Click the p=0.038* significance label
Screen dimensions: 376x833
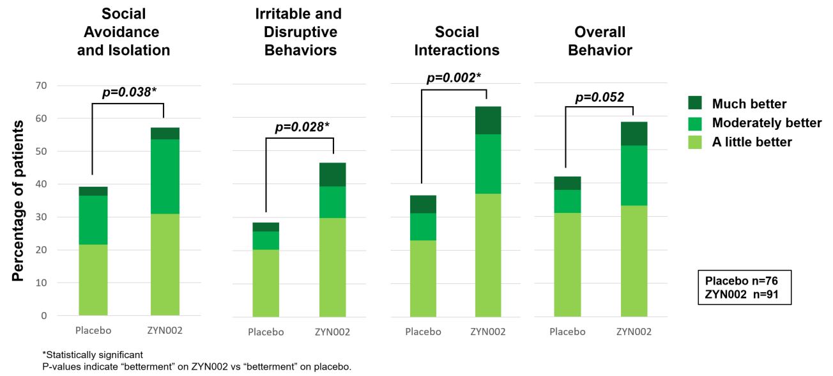pos(130,92)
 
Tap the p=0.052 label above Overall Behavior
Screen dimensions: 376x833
pos(600,97)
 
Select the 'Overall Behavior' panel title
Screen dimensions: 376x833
pos(599,41)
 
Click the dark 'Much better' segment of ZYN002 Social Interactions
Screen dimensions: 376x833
pos(487,120)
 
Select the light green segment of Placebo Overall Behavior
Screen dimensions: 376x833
pos(567,264)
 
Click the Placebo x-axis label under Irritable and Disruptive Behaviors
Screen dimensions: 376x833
pos(266,332)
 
